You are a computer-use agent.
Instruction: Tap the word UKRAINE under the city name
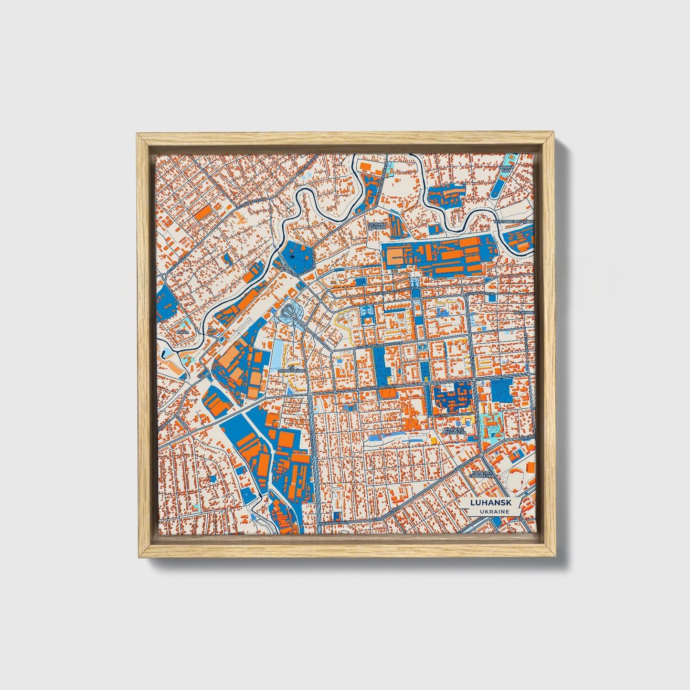[x=488, y=511]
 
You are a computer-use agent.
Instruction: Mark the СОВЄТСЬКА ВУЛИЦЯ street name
[x=377, y=387]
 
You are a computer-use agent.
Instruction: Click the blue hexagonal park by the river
[x=297, y=256]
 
